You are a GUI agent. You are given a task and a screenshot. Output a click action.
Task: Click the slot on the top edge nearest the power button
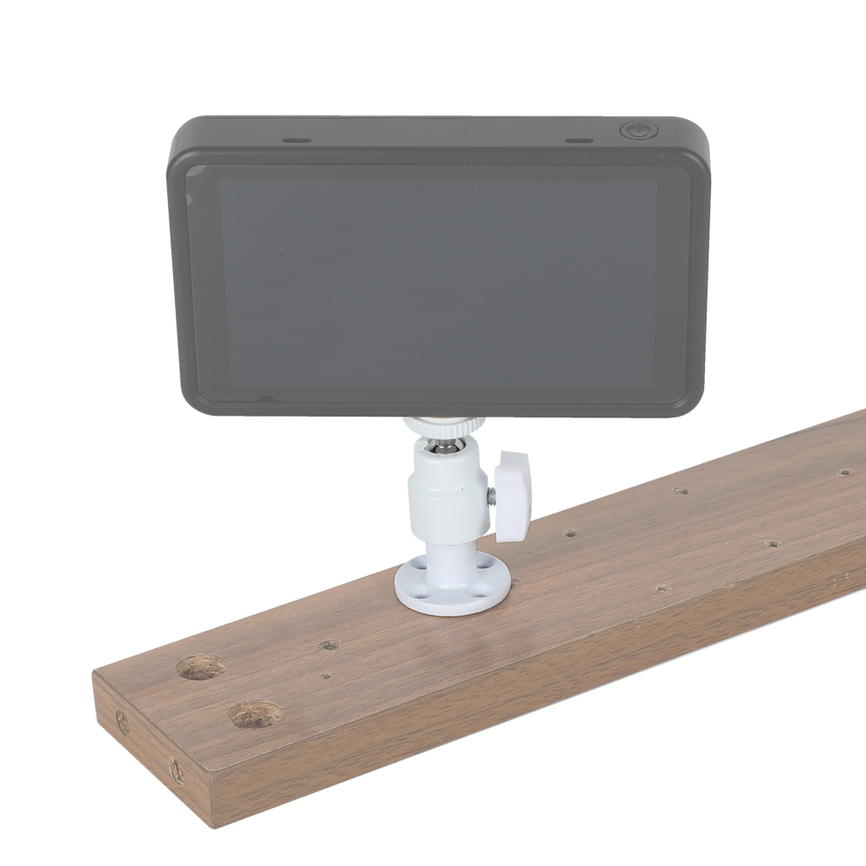pyautogui.click(x=578, y=139)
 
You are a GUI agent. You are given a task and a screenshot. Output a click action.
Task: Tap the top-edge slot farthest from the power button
pyautogui.click(x=297, y=139)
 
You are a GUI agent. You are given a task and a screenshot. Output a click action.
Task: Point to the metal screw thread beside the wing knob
pyautogui.click(x=491, y=496)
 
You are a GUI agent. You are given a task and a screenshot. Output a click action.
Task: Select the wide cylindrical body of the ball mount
pyautogui.click(x=448, y=489)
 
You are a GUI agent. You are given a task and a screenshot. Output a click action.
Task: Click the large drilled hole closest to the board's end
pyautogui.click(x=201, y=667)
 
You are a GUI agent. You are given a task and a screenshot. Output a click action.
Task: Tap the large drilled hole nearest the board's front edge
pyautogui.click(x=255, y=714)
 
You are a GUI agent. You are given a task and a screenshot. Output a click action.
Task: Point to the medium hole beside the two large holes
pyautogui.click(x=328, y=645)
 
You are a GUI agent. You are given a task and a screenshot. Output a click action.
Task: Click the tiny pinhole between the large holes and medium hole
pyautogui.click(x=326, y=675)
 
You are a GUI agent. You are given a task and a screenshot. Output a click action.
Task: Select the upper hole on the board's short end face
pyautogui.click(x=122, y=723)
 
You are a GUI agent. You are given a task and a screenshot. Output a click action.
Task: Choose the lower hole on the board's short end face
pyautogui.click(x=176, y=770)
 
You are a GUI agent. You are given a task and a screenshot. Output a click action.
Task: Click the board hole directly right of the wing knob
pyautogui.click(x=571, y=533)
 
